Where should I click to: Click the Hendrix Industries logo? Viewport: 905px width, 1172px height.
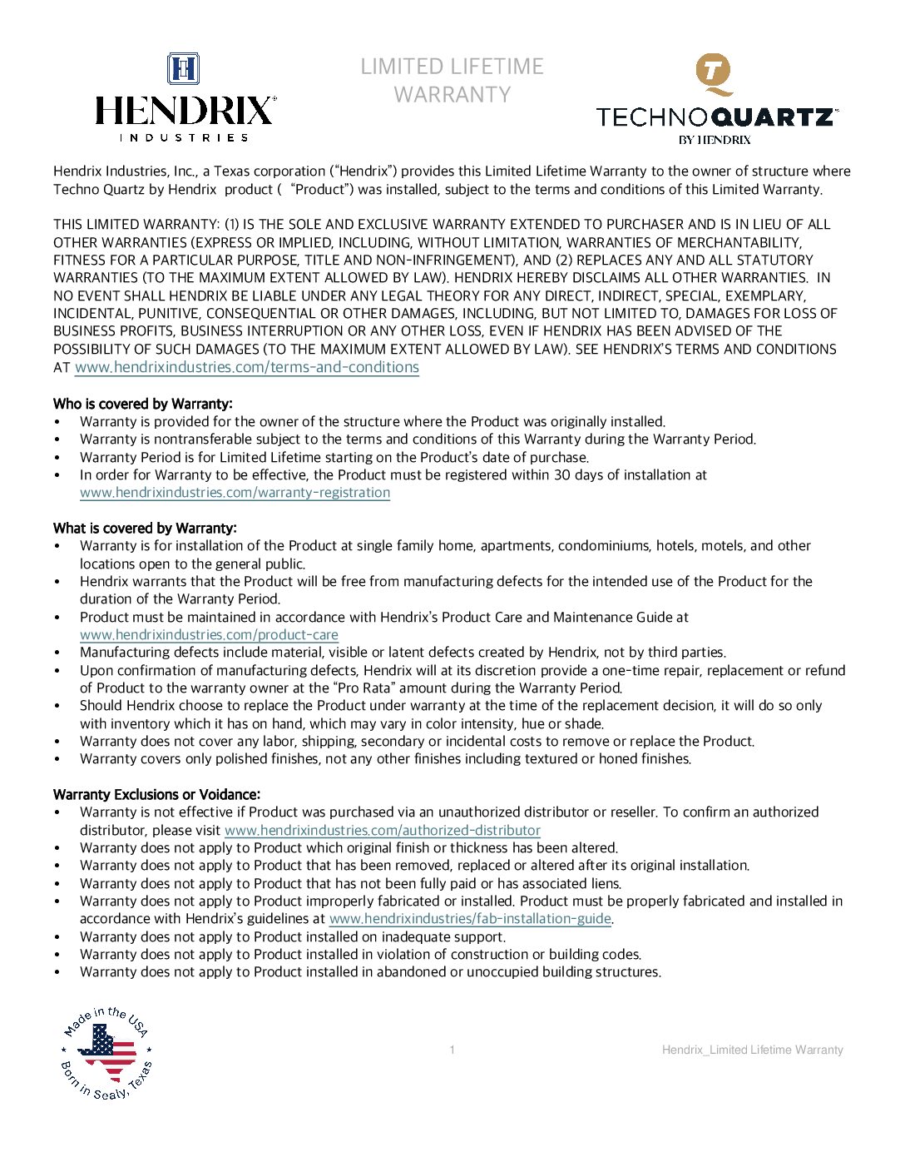185,98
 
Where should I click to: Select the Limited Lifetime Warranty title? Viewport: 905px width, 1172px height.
452,80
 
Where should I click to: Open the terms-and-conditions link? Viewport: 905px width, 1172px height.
246,367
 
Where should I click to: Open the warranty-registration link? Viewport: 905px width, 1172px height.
235,493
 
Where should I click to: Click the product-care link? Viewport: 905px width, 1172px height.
209,635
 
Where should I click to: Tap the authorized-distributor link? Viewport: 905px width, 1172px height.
382,831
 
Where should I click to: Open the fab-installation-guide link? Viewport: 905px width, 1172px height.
470,919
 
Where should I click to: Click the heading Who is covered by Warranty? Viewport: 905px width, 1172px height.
142,404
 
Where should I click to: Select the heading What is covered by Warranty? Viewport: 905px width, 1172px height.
145,528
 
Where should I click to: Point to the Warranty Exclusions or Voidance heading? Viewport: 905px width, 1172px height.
156,794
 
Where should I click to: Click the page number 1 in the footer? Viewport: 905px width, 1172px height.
452,1050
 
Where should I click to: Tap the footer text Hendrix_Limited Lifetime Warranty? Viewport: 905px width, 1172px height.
752,1050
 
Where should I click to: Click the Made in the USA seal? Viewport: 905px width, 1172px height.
106,1052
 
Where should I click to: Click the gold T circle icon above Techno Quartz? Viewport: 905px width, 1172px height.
714,72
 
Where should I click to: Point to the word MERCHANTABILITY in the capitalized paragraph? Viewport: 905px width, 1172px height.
739,242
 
